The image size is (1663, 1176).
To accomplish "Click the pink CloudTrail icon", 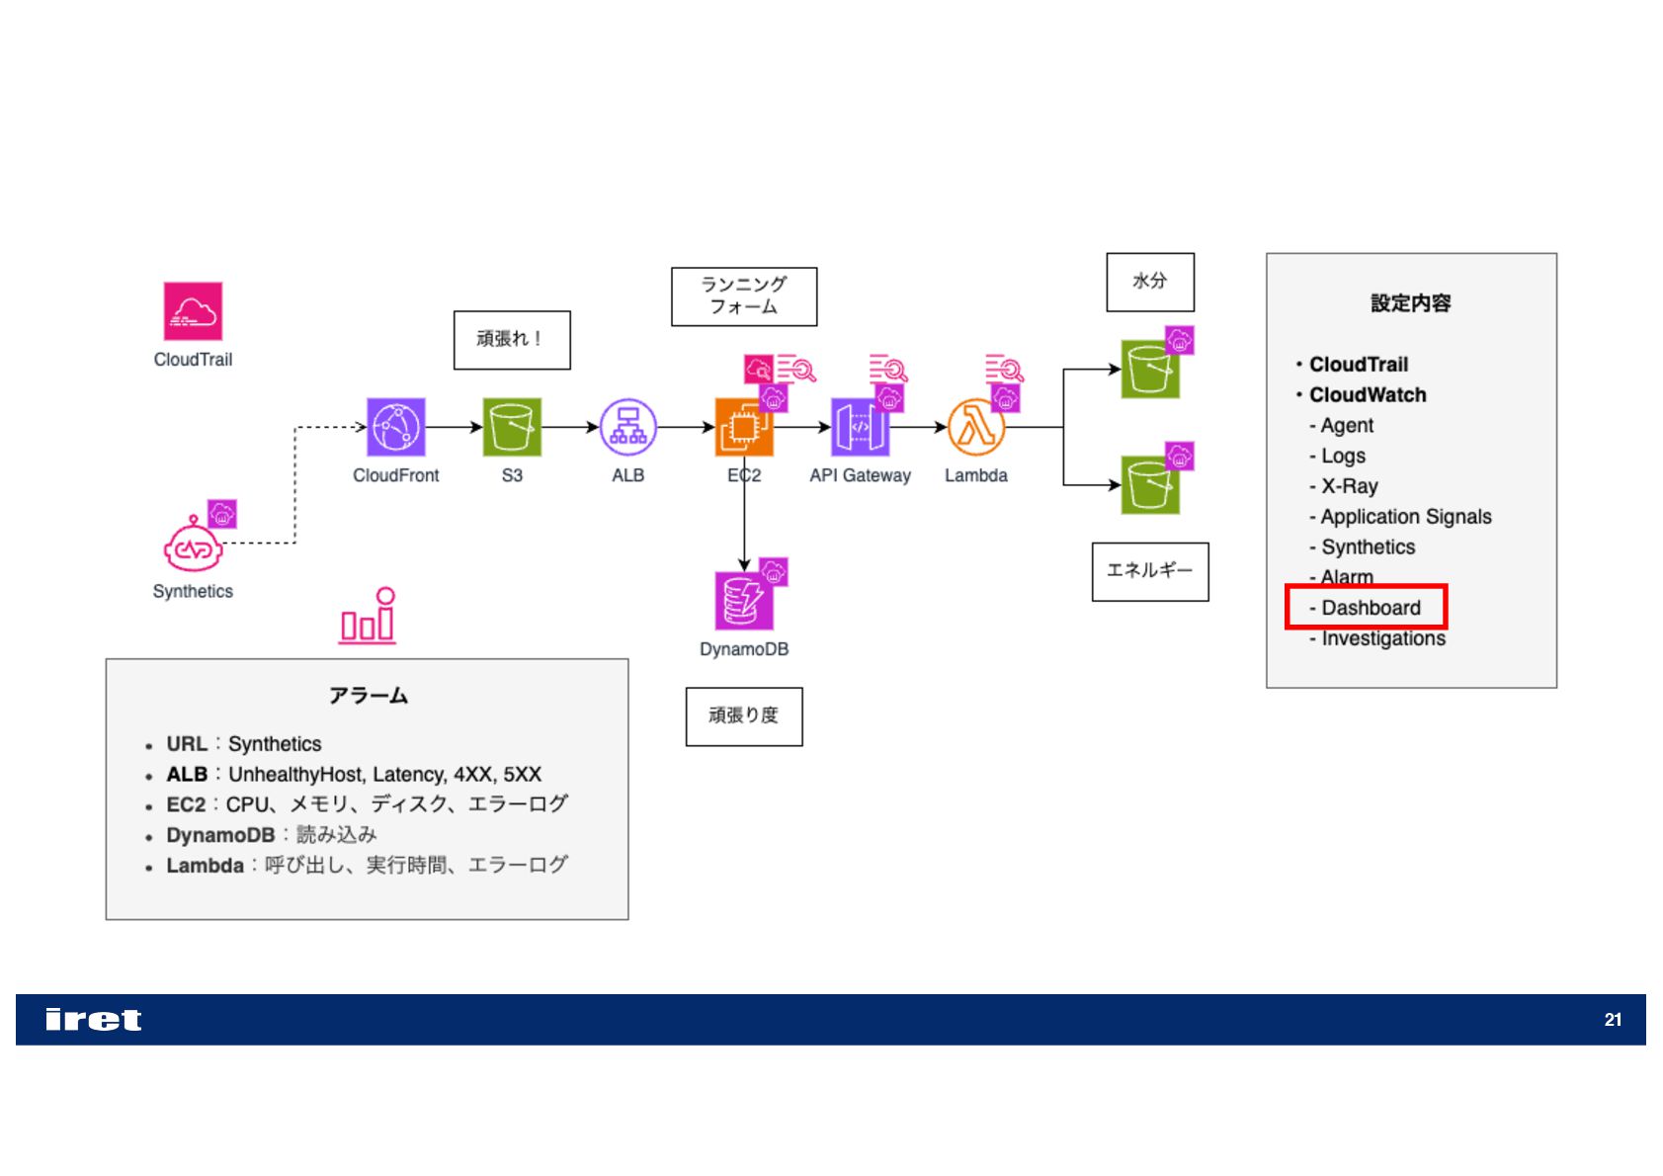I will (x=193, y=310).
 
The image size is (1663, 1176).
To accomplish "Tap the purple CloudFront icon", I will (x=396, y=427).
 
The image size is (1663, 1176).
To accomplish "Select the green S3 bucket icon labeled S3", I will (x=512, y=427).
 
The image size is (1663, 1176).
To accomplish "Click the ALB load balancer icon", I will (x=628, y=427).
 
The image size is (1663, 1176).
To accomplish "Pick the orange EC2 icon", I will (x=743, y=428).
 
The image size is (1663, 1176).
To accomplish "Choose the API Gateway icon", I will (x=860, y=427).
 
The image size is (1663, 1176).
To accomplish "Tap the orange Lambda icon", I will (x=976, y=427).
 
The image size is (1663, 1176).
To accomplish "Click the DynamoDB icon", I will (x=743, y=601).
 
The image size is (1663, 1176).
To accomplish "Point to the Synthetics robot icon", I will (x=193, y=546).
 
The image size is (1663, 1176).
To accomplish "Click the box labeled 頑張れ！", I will (x=512, y=340).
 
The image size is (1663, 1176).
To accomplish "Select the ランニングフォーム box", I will (x=744, y=295).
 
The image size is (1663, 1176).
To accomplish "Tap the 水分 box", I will (x=1150, y=282).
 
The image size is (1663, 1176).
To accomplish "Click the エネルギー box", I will (x=1150, y=571).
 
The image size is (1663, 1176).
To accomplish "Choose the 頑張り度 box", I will (x=744, y=715).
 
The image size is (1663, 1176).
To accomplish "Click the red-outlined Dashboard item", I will (x=1367, y=607).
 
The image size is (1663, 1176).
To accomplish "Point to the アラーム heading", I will (x=368, y=696).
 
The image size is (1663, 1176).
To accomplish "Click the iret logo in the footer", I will (x=94, y=1020).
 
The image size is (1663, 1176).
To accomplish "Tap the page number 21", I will (x=1613, y=1020).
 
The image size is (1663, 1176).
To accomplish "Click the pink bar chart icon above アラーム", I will (x=368, y=617).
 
